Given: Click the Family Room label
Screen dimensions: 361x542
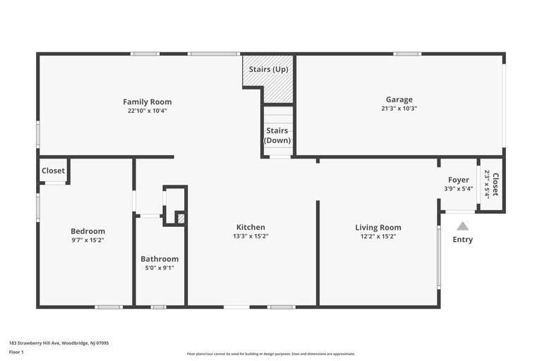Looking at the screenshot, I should click(147, 102).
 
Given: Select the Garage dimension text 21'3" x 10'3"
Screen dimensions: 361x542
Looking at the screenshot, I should click(399, 109).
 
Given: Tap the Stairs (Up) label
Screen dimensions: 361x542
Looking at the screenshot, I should click(268, 69).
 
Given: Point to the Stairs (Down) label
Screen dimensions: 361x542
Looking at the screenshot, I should click(277, 135).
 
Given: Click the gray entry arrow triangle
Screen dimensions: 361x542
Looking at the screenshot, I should click(462, 226).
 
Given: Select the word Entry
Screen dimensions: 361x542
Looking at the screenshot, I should click(462, 240).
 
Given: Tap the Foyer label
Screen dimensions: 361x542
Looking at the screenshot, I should click(458, 180).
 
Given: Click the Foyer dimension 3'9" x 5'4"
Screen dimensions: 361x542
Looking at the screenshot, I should click(458, 188).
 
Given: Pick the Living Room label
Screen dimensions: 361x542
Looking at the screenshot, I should click(378, 227).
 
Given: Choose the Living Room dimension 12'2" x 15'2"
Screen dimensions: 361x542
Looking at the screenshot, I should click(378, 236).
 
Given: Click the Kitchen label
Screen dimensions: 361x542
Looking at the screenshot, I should click(251, 227).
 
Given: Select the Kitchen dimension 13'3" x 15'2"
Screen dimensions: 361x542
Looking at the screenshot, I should click(251, 236).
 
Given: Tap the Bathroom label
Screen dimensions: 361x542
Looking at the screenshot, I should click(159, 259).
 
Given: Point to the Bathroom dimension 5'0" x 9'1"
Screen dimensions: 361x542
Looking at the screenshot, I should click(159, 268).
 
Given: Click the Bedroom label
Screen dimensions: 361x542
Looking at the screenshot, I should click(88, 231).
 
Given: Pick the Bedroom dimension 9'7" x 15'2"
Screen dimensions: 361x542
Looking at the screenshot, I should click(88, 240).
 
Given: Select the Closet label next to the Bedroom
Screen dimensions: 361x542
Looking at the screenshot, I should click(53, 171).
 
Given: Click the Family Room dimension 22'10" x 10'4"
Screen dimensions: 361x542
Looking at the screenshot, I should click(147, 111).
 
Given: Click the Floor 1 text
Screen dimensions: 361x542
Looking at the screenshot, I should click(16, 352).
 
